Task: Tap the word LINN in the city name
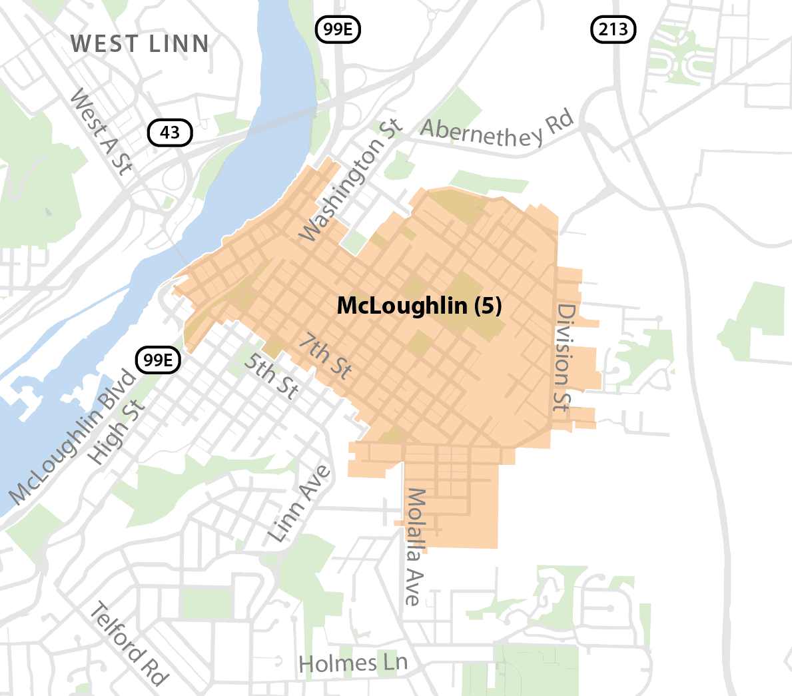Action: (179, 44)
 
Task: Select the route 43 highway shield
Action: (170, 133)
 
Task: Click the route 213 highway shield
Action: (613, 29)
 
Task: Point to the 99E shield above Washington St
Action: (338, 29)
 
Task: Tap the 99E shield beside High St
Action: (159, 360)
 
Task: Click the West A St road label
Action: (101, 133)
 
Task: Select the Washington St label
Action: (350, 180)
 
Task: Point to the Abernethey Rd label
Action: (497, 131)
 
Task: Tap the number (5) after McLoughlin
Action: (488, 306)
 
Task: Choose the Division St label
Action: (564, 357)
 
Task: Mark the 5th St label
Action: (270, 376)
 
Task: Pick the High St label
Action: (116, 433)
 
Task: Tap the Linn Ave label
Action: (299, 504)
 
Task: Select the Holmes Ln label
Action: (352, 663)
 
